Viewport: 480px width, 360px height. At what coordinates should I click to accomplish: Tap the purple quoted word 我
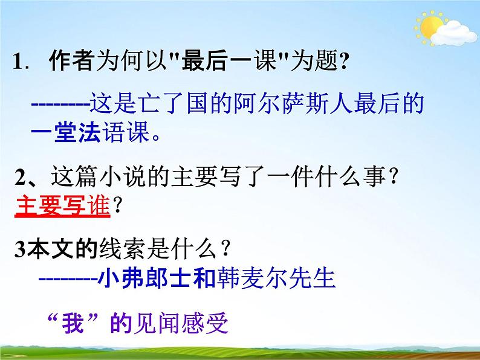[x=76, y=324]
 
